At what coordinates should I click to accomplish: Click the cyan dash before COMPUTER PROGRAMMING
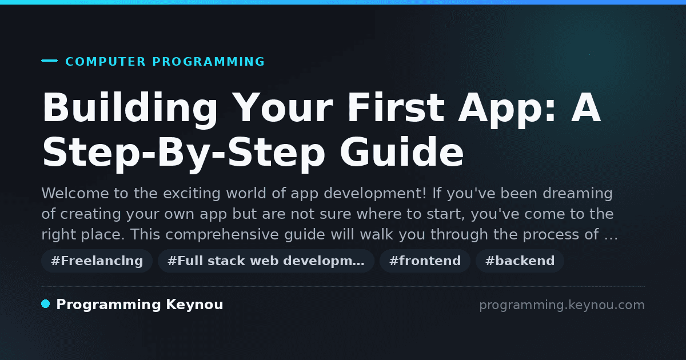coord(49,61)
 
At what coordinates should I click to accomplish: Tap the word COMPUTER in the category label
coord(105,62)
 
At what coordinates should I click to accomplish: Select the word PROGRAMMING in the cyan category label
coord(208,62)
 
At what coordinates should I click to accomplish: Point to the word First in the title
coord(396,107)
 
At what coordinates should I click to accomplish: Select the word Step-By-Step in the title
coord(184,154)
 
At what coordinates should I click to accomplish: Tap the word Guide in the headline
coord(401,151)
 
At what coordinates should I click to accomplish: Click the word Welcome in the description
coord(75,193)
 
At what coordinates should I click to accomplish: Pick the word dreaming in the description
coord(577,194)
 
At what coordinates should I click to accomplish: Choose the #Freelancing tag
coord(97,261)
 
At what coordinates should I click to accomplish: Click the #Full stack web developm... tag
coord(266,261)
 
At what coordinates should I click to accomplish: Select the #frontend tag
coord(425,261)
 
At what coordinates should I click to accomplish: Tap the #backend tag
coord(520,261)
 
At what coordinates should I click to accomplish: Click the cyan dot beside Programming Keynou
coord(45,304)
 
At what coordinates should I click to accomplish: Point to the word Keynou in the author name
coord(194,305)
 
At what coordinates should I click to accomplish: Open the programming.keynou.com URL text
coord(562,306)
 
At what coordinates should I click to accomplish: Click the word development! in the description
coord(375,194)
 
